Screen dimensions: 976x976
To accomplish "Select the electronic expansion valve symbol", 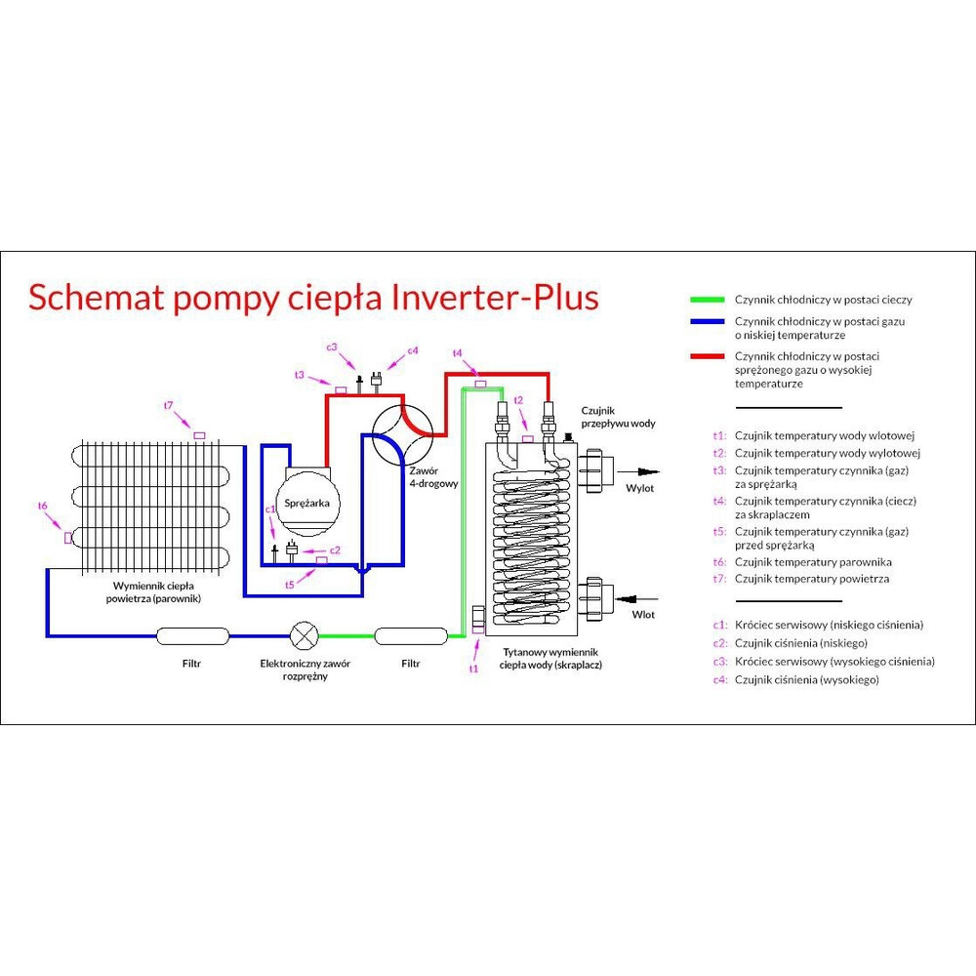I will (305, 635).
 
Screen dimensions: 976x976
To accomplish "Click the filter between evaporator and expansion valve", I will (192, 636).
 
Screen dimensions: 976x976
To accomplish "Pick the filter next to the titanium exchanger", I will (410, 636).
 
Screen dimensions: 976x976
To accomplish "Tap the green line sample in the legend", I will (707, 300).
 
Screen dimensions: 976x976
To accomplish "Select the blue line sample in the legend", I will (707, 321).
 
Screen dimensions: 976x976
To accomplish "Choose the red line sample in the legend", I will (707, 356).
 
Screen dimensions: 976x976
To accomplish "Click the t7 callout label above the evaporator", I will (168, 405).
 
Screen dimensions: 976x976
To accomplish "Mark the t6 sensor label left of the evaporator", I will (43, 506).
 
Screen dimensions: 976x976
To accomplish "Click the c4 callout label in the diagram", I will (413, 350).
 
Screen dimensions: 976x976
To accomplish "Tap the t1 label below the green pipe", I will (474, 669).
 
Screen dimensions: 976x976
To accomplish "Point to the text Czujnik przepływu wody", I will (617, 418).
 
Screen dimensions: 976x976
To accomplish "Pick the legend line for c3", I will (824, 661).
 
